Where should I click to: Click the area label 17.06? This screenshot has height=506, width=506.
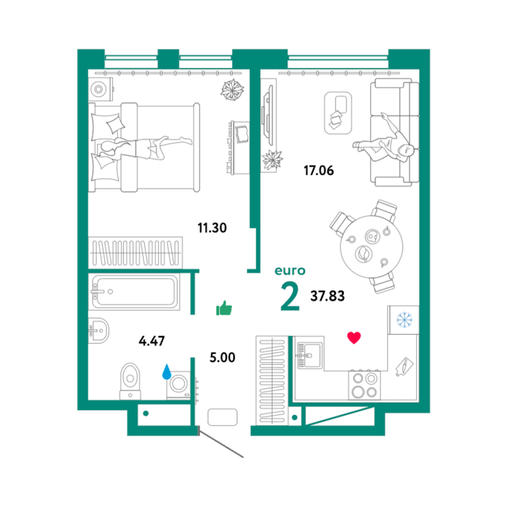point(318,171)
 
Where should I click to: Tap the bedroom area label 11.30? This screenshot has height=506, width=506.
point(212,228)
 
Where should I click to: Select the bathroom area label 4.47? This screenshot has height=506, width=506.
point(152,341)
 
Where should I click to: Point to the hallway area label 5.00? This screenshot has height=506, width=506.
point(222,358)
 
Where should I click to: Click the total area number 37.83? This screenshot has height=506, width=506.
point(327,296)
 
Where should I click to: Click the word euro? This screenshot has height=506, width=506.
point(290,271)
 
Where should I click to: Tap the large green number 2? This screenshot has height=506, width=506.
point(290,296)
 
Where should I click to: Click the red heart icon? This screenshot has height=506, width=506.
point(354,338)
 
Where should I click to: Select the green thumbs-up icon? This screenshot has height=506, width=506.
point(224,308)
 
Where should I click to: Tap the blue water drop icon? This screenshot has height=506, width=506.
point(167,372)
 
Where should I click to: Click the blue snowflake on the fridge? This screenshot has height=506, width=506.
point(405,320)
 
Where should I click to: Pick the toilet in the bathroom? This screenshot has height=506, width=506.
point(130,381)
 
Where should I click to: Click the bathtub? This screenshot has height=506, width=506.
point(134,291)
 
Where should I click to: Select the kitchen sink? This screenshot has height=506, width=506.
point(309,355)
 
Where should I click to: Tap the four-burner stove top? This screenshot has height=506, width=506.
point(364,385)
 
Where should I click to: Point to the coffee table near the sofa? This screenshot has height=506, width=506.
point(338,113)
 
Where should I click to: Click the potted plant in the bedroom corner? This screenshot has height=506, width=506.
point(232,90)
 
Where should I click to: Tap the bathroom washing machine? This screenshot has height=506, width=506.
point(179,385)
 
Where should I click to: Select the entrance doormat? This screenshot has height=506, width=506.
point(222,417)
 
